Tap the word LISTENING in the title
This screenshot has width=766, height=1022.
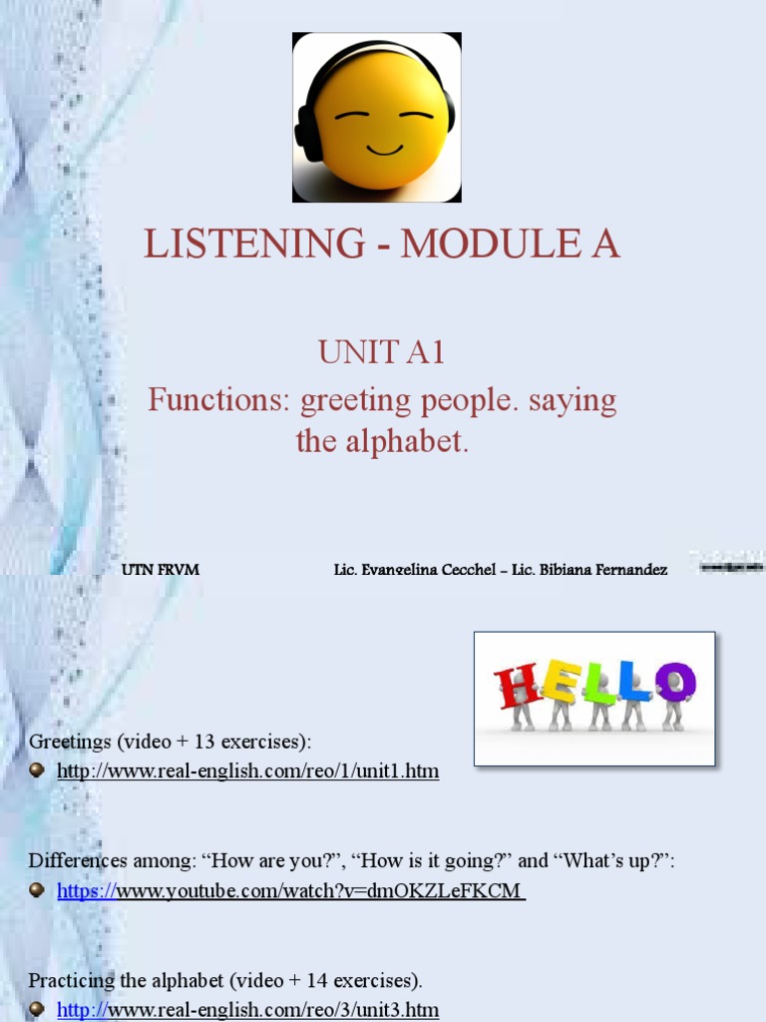pyautogui.click(x=254, y=245)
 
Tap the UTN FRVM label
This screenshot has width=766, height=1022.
pyautogui.click(x=161, y=570)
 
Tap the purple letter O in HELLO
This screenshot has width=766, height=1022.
pyautogui.click(x=674, y=683)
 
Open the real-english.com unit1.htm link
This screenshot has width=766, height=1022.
pyautogui.click(x=248, y=771)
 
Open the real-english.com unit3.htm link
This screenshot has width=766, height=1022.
pyautogui.click(x=248, y=1010)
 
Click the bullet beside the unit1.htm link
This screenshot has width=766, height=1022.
pyautogui.click(x=37, y=770)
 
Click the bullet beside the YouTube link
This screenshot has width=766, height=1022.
pyautogui.click(x=37, y=890)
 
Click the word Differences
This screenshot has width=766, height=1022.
pyautogui.click(x=76, y=860)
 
